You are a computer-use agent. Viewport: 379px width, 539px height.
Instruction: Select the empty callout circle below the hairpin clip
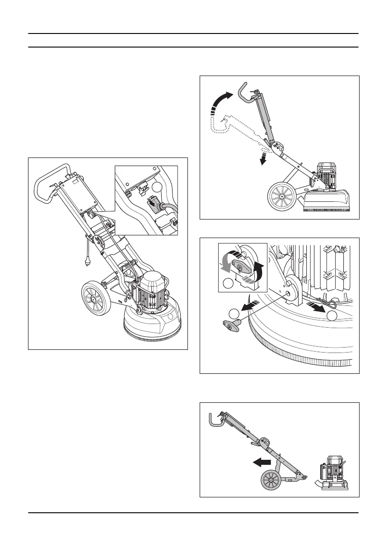(333, 316)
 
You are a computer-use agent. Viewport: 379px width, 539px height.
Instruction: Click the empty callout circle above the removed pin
(234, 313)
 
